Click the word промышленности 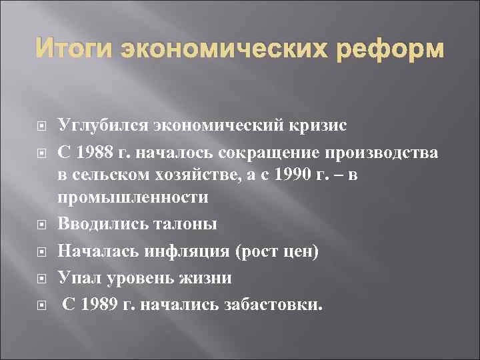[x=133, y=198]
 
